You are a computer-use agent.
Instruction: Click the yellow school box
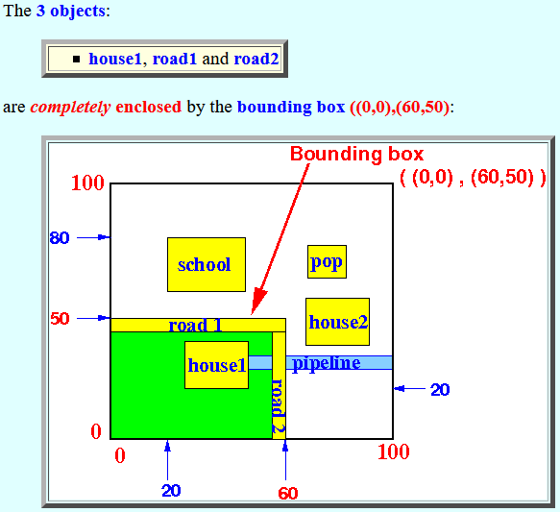click(207, 264)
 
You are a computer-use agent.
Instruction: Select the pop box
click(327, 261)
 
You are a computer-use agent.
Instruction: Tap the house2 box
click(337, 322)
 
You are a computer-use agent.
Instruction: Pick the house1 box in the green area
click(216, 365)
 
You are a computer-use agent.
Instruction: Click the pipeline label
click(326, 364)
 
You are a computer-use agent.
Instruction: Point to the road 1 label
click(195, 326)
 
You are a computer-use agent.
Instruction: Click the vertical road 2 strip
click(279, 385)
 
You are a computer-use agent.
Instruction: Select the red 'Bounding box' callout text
click(356, 155)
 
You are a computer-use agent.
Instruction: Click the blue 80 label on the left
click(60, 238)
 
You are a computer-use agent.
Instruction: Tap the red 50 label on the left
click(60, 319)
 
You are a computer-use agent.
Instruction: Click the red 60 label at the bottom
click(288, 494)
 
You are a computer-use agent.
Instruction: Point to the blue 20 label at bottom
click(171, 491)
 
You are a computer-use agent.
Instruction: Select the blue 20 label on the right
click(440, 390)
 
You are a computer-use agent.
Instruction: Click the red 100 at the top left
click(87, 183)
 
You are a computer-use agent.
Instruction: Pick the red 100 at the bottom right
click(394, 452)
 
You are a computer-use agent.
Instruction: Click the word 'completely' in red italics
click(70, 108)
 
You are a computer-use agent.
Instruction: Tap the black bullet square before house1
click(77, 59)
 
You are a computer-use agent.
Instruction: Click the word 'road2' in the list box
click(256, 59)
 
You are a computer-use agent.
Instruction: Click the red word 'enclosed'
click(149, 107)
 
